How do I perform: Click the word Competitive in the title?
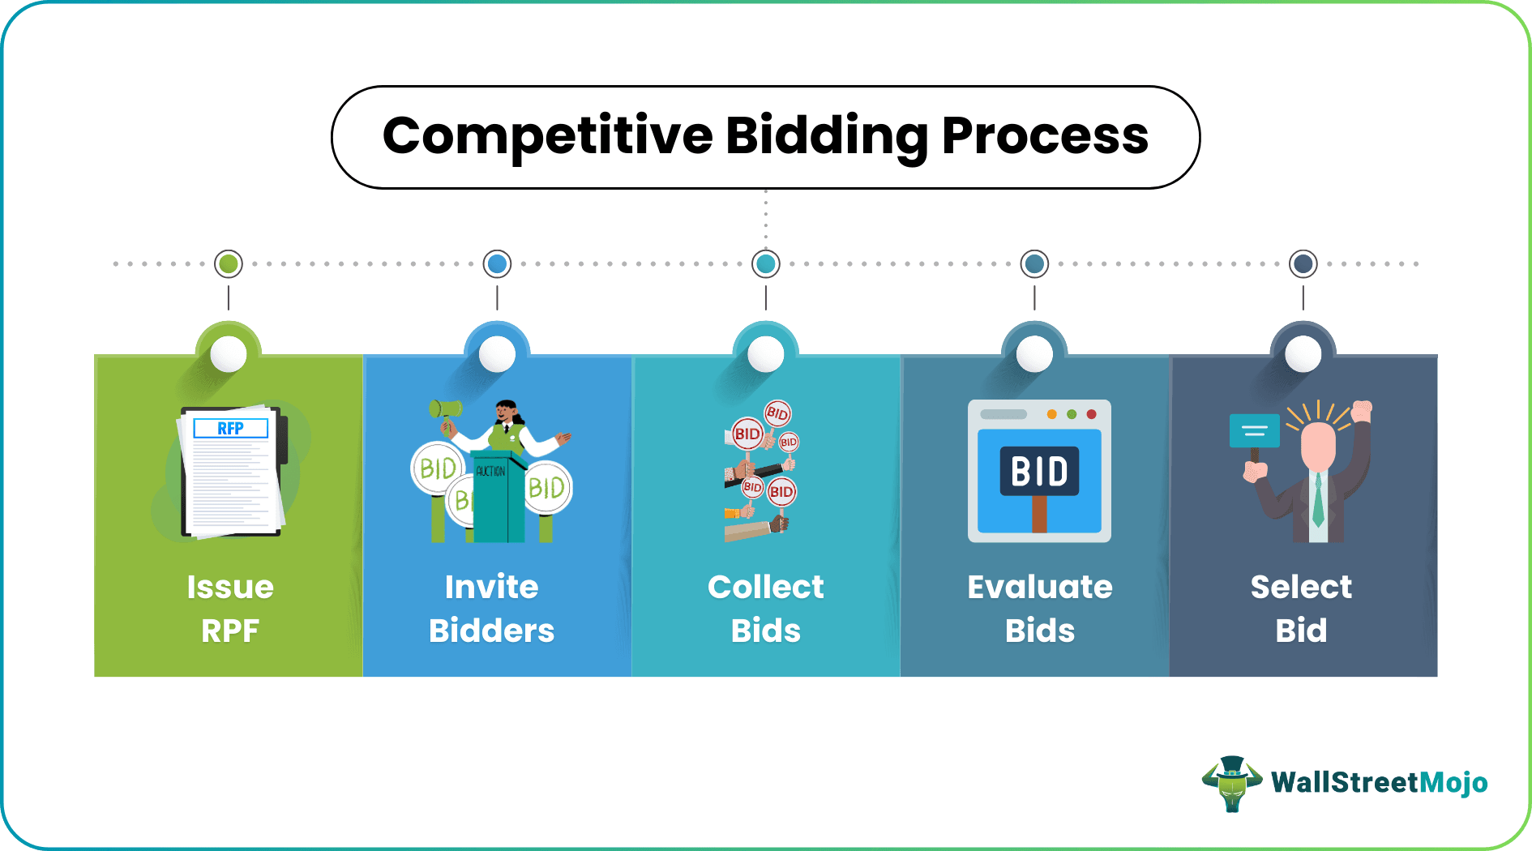pyautogui.click(x=547, y=135)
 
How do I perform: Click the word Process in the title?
pyautogui.click(x=1045, y=135)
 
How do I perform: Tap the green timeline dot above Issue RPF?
pyautogui.click(x=229, y=263)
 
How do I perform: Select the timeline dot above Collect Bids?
pyautogui.click(x=766, y=263)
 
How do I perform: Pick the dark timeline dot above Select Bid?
pyautogui.click(x=1303, y=263)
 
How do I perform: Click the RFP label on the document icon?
pyautogui.click(x=230, y=428)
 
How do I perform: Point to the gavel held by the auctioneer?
pyautogui.click(x=445, y=408)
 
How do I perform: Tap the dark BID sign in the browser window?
pyautogui.click(x=1039, y=471)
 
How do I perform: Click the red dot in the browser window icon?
pyautogui.click(x=1091, y=414)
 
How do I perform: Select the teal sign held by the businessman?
pyautogui.click(x=1254, y=430)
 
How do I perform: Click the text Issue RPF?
pyautogui.click(x=230, y=608)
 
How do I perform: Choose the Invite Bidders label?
pyautogui.click(x=492, y=608)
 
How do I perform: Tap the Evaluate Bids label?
pyautogui.click(x=1040, y=608)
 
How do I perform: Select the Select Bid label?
pyautogui.click(x=1301, y=608)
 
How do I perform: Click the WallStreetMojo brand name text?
pyautogui.click(x=1379, y=783)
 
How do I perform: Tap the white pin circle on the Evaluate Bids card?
pyautogui.click(x=1034, y=354)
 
